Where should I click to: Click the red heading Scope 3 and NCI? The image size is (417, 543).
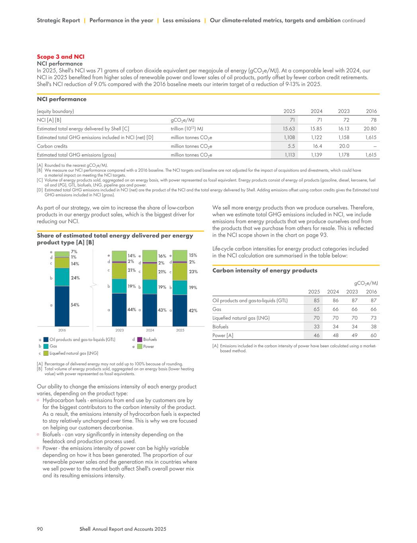(60, 57)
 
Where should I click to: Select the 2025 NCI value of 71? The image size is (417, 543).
(292, 120)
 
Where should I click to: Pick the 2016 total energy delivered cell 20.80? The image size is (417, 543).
(369, 128)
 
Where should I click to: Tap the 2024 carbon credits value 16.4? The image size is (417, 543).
(317, 146)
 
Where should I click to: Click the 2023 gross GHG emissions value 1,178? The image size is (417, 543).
(343, 155)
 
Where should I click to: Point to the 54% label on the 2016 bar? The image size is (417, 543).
(75, 305)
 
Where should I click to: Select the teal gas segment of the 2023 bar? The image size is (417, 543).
(119, 286)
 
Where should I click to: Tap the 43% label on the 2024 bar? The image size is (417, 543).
(162, 310)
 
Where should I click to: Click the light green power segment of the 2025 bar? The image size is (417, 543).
(180, 255)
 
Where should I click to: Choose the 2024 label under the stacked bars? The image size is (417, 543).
(150, 330)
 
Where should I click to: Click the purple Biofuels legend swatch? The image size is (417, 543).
(140, 339)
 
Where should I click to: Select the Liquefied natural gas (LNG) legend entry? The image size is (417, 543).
(74, 353)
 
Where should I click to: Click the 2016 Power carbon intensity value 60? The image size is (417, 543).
(373, 335)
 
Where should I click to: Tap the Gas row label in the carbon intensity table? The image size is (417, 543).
(217, 309)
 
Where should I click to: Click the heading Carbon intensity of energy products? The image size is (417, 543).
(265, 271)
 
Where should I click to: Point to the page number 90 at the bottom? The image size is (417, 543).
(40, 529)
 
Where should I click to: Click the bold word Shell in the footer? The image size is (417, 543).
(85, 529)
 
